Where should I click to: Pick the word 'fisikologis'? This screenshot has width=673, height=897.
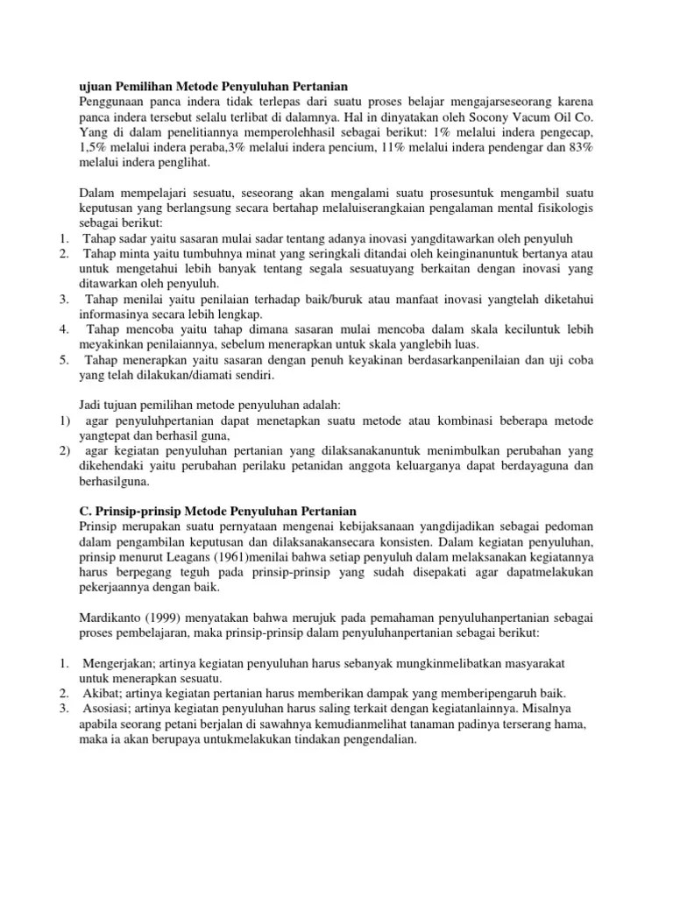[x=561, y=208]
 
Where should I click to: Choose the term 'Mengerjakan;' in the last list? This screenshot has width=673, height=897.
[x=121, y=663]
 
